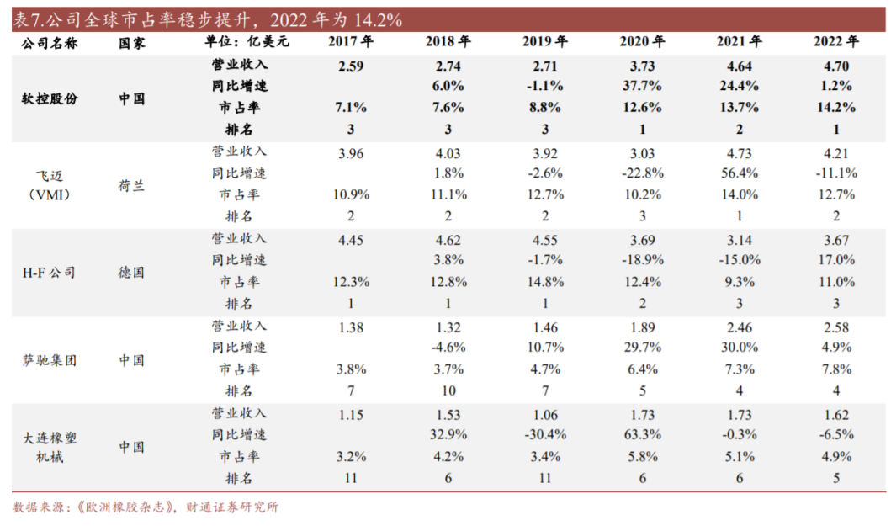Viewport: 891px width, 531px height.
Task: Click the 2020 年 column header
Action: click(643, 41)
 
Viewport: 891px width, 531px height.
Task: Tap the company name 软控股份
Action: click(50, 98)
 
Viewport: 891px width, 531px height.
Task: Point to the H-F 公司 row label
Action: click(48, 273)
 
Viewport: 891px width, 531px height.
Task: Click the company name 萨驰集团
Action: click(50, 360)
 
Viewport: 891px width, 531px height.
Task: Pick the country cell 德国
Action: click(131, 273)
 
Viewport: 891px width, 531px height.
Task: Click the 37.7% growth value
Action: click(643, 86)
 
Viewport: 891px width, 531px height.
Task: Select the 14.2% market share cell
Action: click(836, 108)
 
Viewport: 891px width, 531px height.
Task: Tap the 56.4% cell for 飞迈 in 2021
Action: click(740, 173)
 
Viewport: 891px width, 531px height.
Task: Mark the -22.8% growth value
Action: click(643, 173)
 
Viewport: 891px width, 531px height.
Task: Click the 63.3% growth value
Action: click(643, 435)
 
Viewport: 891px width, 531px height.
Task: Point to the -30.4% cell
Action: click(544, 435)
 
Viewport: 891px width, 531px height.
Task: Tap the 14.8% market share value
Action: click(544, 282)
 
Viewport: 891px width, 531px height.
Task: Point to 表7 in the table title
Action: click(28, 19)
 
